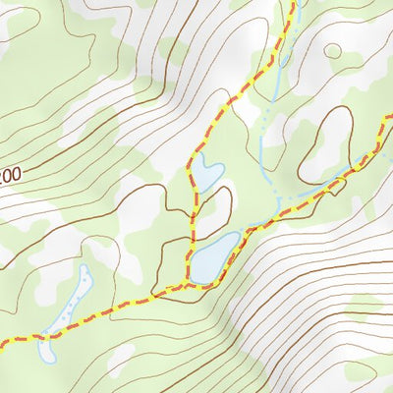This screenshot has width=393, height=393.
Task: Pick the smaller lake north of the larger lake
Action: (204, 174)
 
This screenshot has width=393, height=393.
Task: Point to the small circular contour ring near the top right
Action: (333, 51)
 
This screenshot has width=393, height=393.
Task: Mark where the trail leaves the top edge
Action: (293, 2)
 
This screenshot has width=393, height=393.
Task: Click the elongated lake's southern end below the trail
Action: (44, 349)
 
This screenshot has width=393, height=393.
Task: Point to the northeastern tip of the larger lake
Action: (236, 236)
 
